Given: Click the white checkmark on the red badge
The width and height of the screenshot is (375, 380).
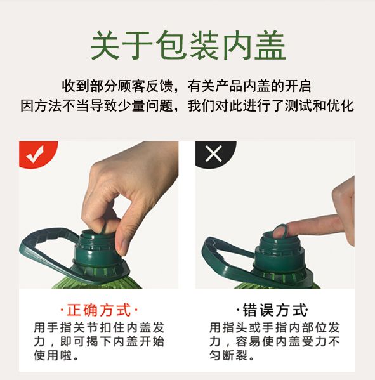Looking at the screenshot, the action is (x=36, y=154).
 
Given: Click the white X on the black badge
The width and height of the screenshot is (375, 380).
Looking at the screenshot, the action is (x=213, y=154).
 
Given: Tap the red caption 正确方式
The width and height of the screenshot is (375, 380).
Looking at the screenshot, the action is (x=99, y=310).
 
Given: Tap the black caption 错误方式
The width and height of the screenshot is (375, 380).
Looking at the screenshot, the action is (x=275, y=310).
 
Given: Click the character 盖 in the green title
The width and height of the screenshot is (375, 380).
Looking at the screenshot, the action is (x=270, y=46).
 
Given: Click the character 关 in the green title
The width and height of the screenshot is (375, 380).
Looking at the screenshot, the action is (x=105, y=46).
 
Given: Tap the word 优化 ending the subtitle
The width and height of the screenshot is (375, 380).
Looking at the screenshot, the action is (x=340, y=106).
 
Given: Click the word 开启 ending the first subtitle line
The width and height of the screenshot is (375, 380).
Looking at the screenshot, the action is (x=298, y=86).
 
